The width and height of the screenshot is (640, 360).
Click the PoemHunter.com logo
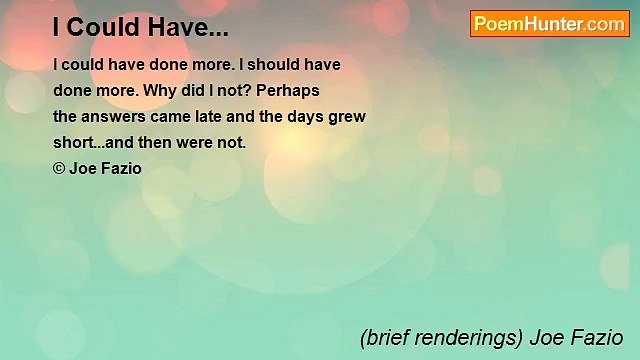pos(549,24)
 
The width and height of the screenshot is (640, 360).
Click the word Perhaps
pos(288,90)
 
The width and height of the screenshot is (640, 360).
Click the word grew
pos(349,116)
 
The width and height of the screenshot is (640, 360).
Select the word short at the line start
pos(71,142)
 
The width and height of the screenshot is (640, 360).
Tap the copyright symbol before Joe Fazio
pos(59,168)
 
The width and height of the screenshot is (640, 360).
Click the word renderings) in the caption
pos(473,337)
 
